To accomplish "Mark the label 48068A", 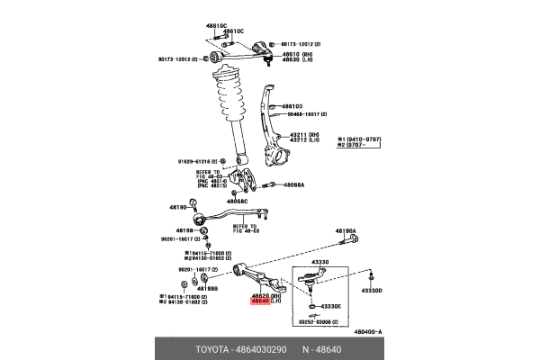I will (292, 185).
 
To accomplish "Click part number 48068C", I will (237, 202).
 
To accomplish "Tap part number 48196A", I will (346, 231).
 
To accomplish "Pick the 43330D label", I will (372, 291).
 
